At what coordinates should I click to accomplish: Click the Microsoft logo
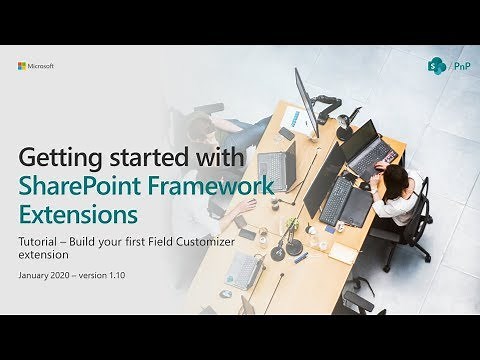click(x=36, y=66)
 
